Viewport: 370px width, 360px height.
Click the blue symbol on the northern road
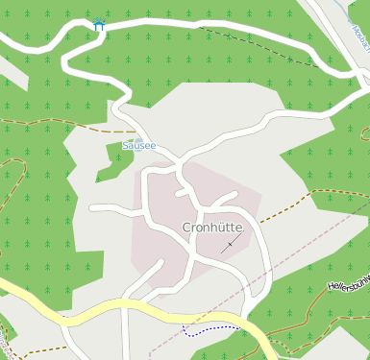99,25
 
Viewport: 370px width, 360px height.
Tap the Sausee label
139,146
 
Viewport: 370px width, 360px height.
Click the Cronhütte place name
212,228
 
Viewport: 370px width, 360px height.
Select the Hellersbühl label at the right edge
349,284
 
